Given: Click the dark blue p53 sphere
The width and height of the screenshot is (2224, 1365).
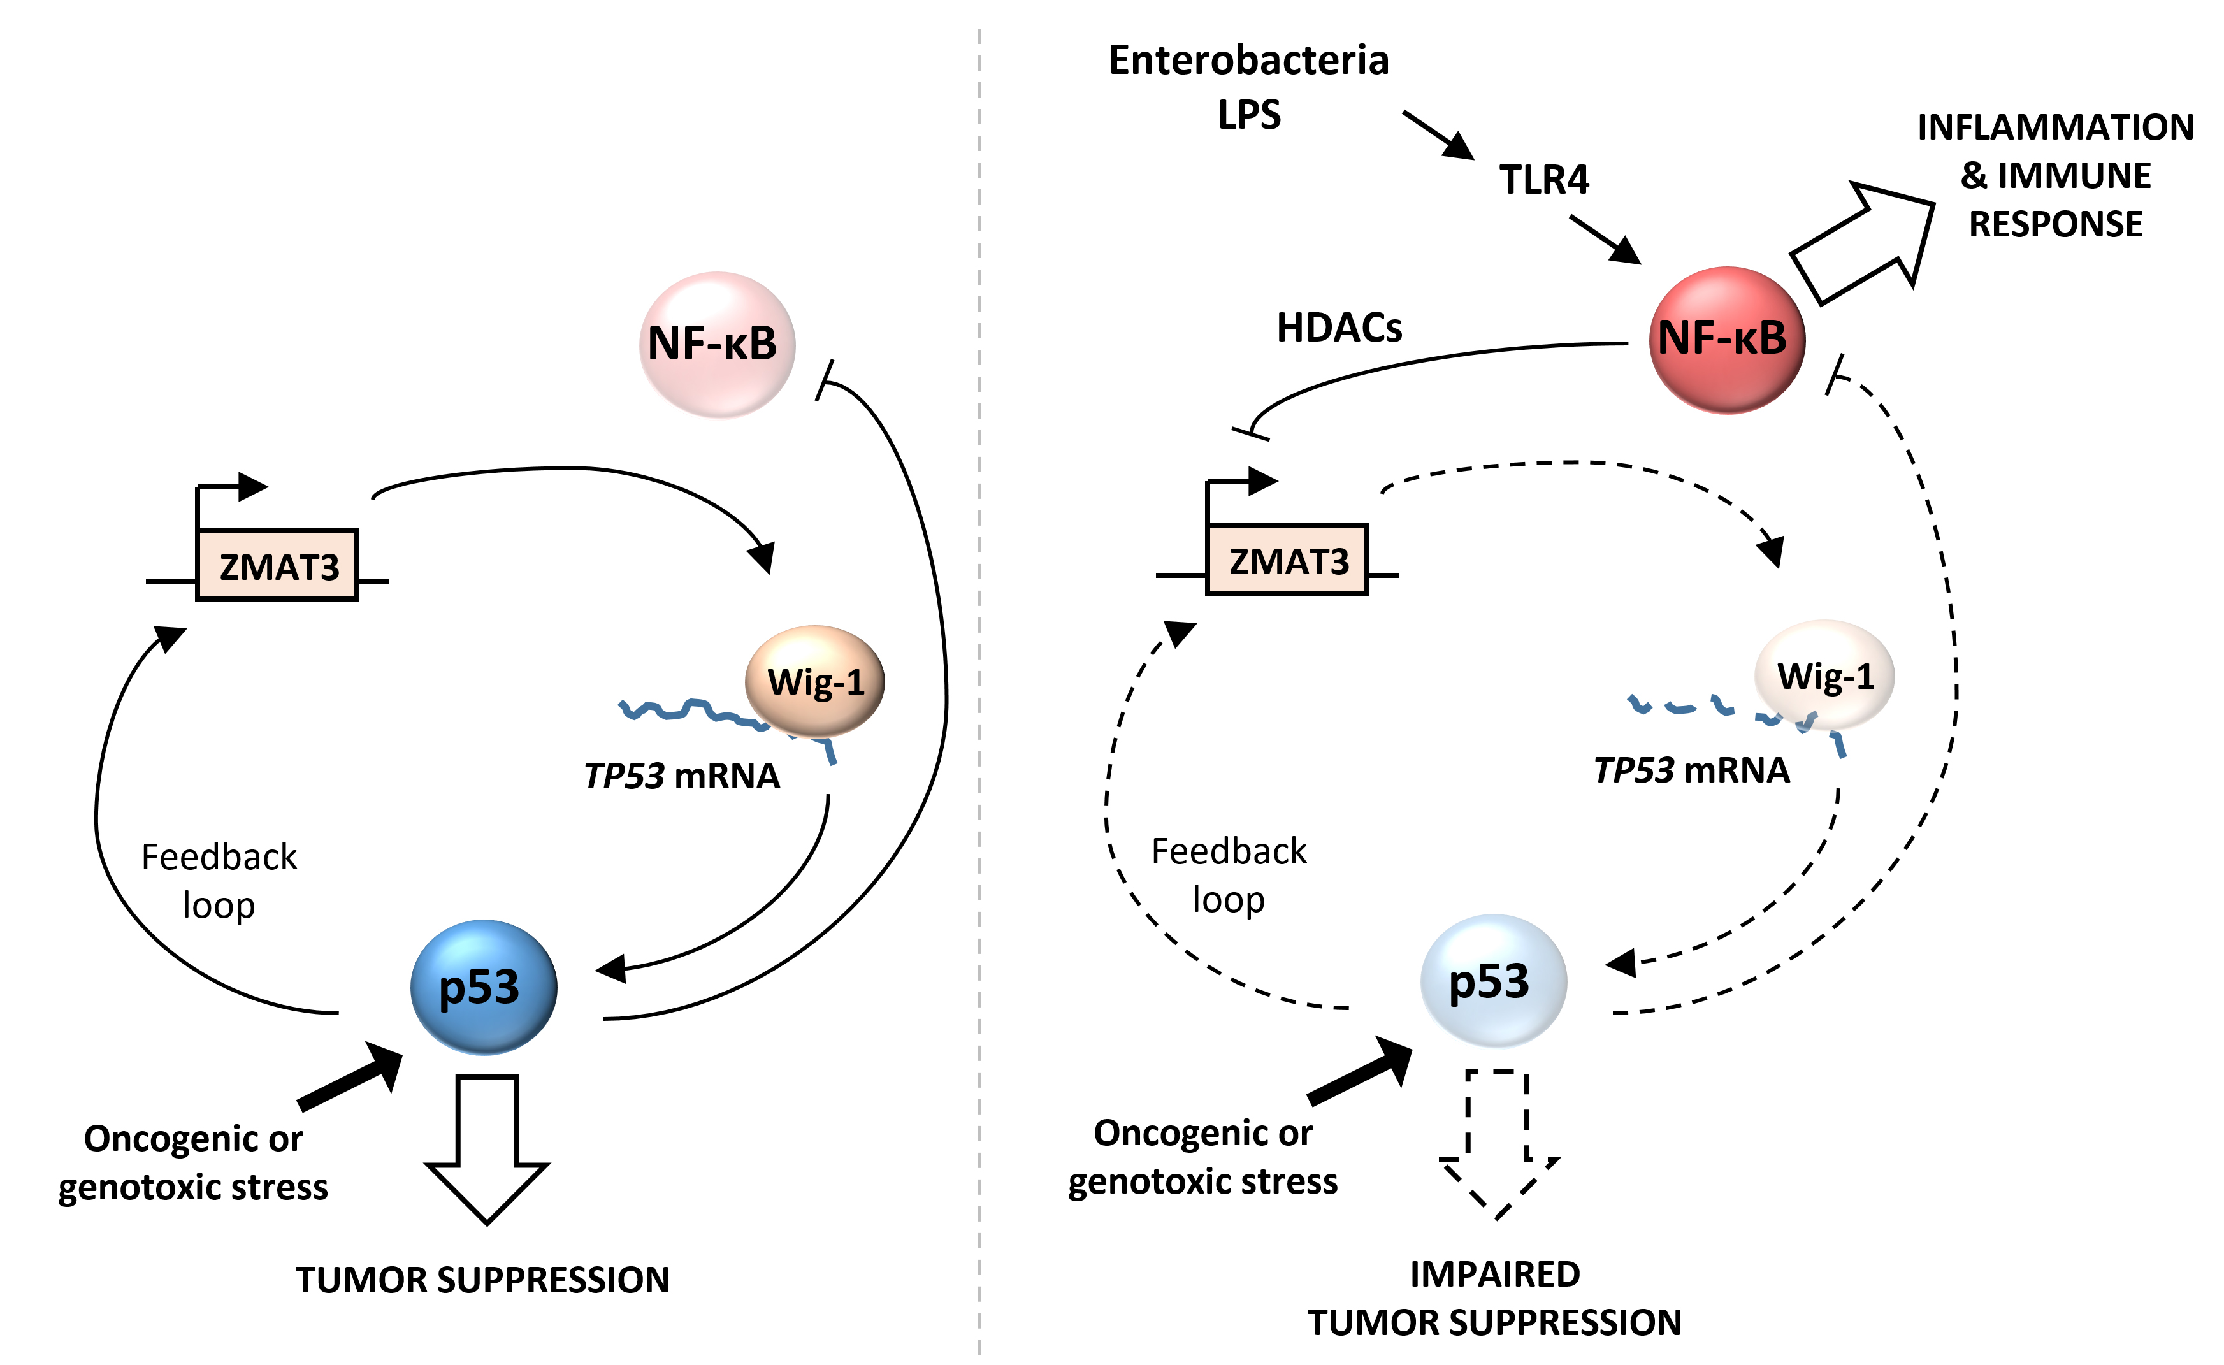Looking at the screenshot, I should coord(484,986).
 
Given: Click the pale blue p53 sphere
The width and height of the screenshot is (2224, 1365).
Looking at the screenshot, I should coord(1493,981).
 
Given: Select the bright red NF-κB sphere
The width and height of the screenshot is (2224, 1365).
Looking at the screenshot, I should coord(1726,340).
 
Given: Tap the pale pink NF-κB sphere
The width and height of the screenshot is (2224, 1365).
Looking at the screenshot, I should coord(717,344).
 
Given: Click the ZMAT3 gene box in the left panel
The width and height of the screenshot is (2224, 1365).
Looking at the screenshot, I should coord(277,566).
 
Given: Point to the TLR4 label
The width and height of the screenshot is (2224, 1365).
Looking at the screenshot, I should coord(1543,180).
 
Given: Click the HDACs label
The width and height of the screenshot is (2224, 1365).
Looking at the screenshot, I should coord(1339,328).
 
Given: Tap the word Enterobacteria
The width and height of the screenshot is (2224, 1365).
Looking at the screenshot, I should coord(1248,61).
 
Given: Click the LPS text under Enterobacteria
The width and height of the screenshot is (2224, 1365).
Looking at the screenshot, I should coord(1249,115).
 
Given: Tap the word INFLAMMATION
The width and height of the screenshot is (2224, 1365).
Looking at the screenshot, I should coord(2055,127).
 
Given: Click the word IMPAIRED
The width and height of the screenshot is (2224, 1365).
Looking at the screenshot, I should coord(1495,1274).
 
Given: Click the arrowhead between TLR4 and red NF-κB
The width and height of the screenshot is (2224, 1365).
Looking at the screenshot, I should coord(1625,249).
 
